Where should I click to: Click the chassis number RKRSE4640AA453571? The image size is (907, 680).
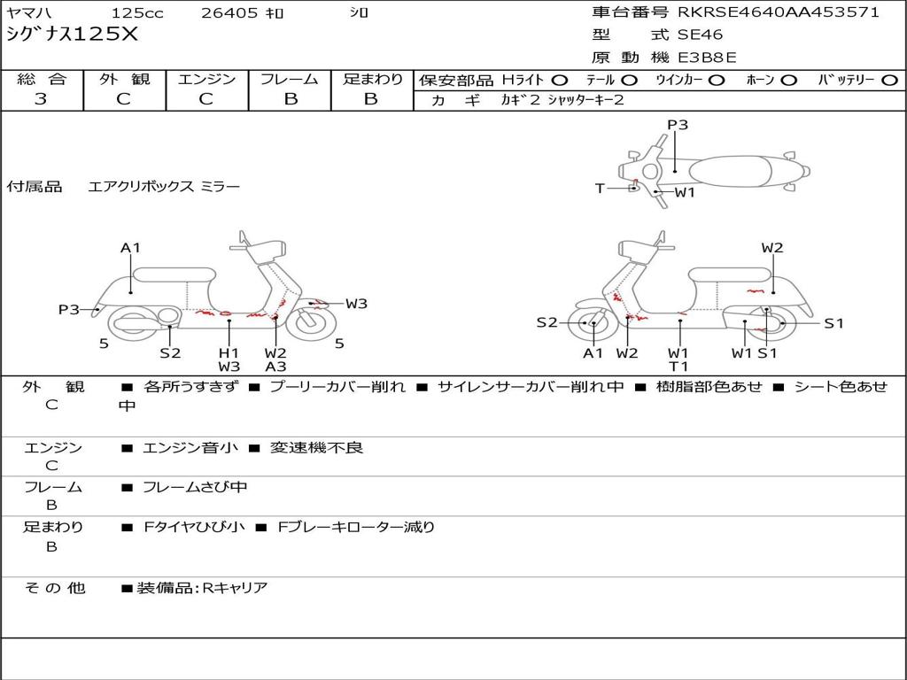(779, 12)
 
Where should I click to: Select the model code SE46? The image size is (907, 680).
(700, 35)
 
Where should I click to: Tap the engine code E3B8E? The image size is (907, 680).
(707, 58)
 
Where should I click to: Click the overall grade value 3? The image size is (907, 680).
(41, 99)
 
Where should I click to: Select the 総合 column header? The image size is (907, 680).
(42, 79)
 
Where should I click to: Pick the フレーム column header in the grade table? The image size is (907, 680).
(290, 79)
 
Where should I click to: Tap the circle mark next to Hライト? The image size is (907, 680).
(560, 80)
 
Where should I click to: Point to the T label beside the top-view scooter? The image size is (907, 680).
(600, 188)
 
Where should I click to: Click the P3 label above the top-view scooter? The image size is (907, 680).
(678, 125)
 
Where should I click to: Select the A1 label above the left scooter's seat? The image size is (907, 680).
(131, 248)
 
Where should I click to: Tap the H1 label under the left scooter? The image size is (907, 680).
(229, 352)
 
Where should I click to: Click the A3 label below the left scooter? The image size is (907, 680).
(275, 367)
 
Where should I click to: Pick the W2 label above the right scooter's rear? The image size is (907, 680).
(772, 248)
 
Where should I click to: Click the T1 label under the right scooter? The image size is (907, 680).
(678, 367)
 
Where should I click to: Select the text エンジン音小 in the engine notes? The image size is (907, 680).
(190, 448)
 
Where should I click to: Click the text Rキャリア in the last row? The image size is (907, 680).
(235, 587)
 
